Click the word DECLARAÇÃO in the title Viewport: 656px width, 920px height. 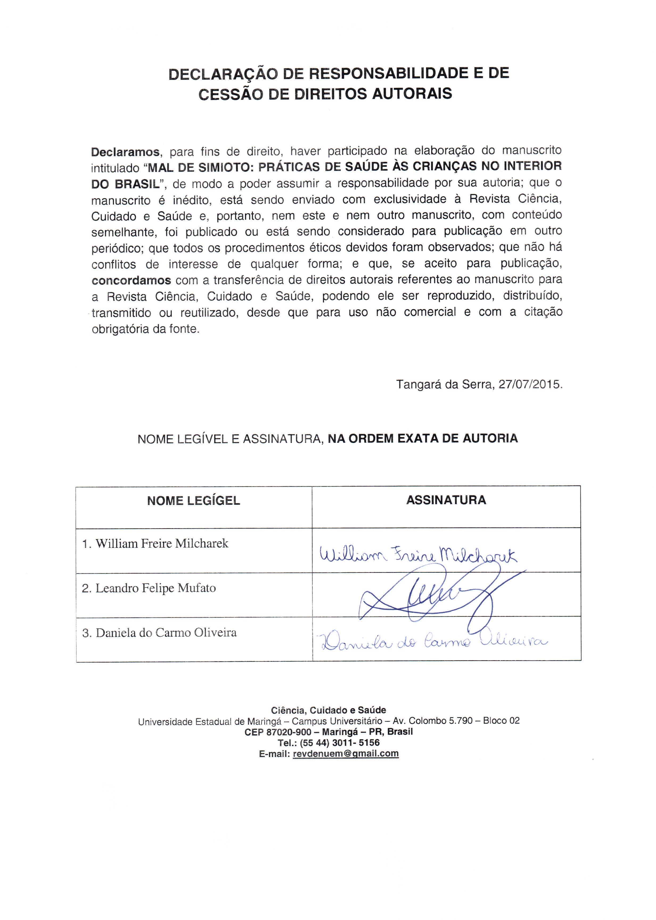pos(223,74)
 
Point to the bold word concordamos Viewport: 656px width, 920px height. pos(131,280)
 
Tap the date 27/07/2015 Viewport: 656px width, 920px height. pos(530,384)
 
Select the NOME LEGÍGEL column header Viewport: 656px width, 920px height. pos(194,501)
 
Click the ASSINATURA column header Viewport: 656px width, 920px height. pos(446,500)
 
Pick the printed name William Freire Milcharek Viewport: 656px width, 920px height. pos(162,544)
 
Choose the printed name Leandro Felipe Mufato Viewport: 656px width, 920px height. pos(155,588)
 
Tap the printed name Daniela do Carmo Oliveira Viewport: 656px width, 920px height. pos(166,632)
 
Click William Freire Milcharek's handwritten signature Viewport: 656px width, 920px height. pos(418,555)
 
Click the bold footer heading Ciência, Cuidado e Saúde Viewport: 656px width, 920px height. pos(329,710)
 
